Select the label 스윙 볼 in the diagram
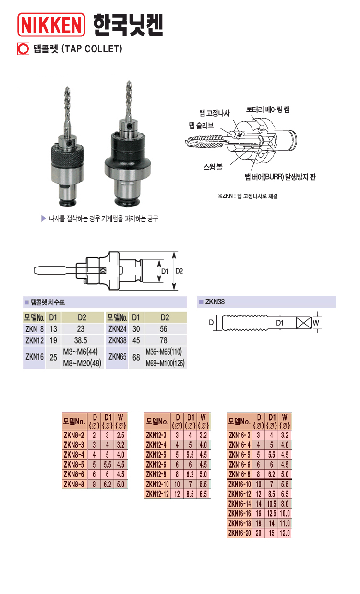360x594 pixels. pos(212,167)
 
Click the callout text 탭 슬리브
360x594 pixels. pos(201,125)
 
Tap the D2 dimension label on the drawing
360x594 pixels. pos(179,271)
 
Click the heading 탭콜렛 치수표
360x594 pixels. pos(48,303)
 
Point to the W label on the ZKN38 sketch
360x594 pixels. pos(316,323)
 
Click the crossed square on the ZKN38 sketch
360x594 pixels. pos(303,323)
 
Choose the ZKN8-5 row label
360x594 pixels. pos(73,465)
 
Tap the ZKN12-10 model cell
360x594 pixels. pos(157,485)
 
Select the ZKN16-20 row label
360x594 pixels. pos(240,533)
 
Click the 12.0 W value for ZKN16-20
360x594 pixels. pos(285,533)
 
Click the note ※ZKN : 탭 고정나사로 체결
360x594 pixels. pos(248,195)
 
